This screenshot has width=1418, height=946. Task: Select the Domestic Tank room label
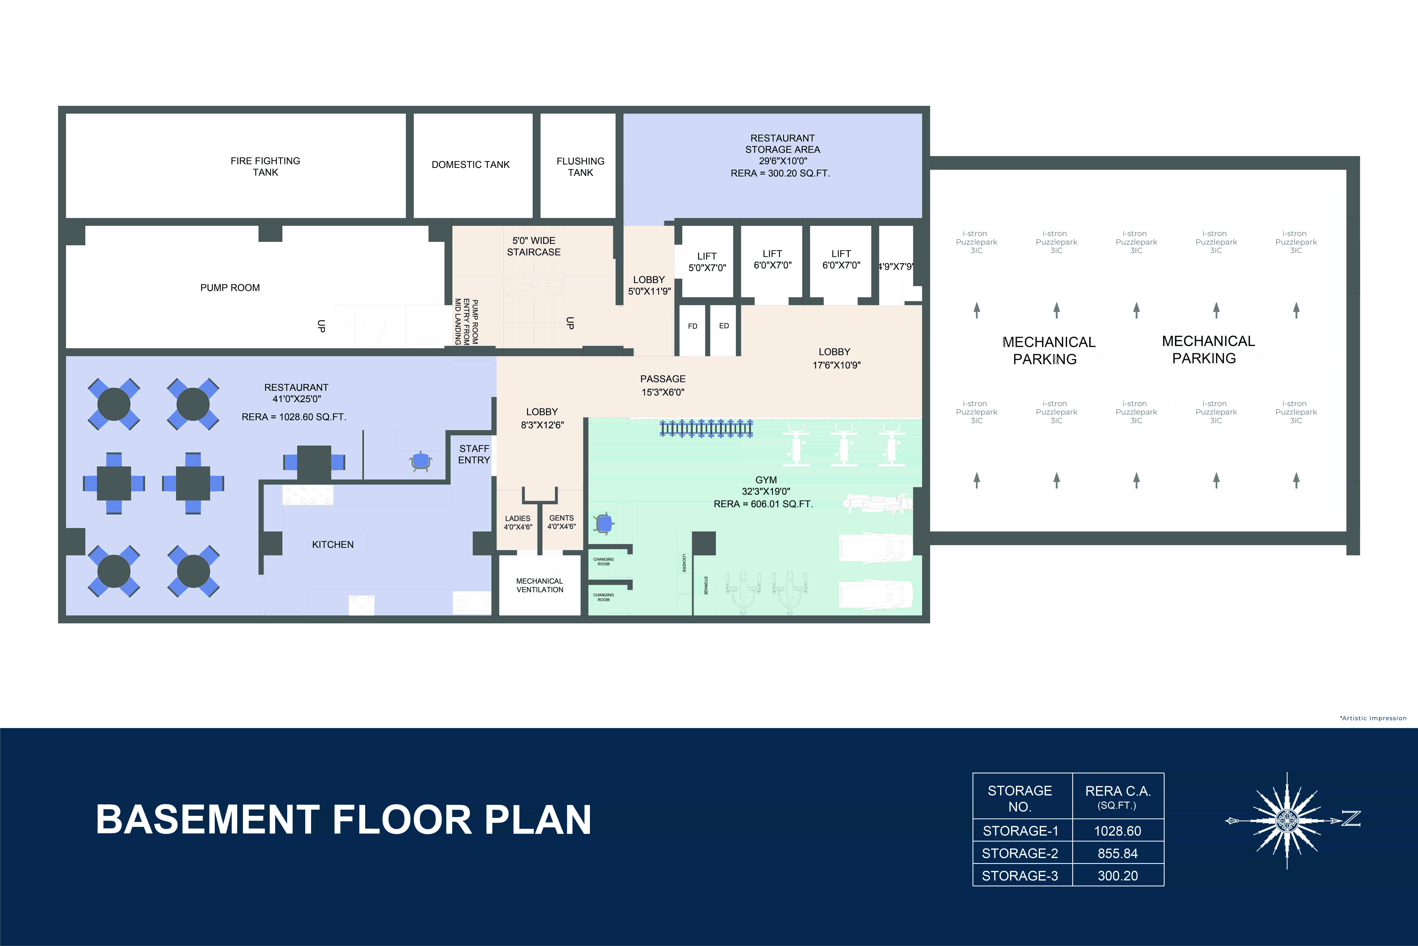[x=470, y=165]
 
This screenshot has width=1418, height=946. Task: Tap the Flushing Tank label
[x=580, y=167]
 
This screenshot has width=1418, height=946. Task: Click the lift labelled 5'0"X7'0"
[x=707, y=262]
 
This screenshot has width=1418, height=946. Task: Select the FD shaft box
[x=692, y=326]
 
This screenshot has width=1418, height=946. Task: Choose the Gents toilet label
[x=561, y=522]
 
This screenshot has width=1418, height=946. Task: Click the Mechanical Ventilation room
[x=540, y=585]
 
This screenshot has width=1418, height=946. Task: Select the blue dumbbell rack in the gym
[x=706, y=428]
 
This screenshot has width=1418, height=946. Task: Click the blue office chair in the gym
[x=603, y=523]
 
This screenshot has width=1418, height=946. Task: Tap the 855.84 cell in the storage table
[x=1117, y=853]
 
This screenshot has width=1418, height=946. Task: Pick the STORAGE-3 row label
[x=1020, y=875]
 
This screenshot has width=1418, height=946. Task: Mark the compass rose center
[x=1287, y=821]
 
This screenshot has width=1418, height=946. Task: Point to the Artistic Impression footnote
[x=1373, y=718]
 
